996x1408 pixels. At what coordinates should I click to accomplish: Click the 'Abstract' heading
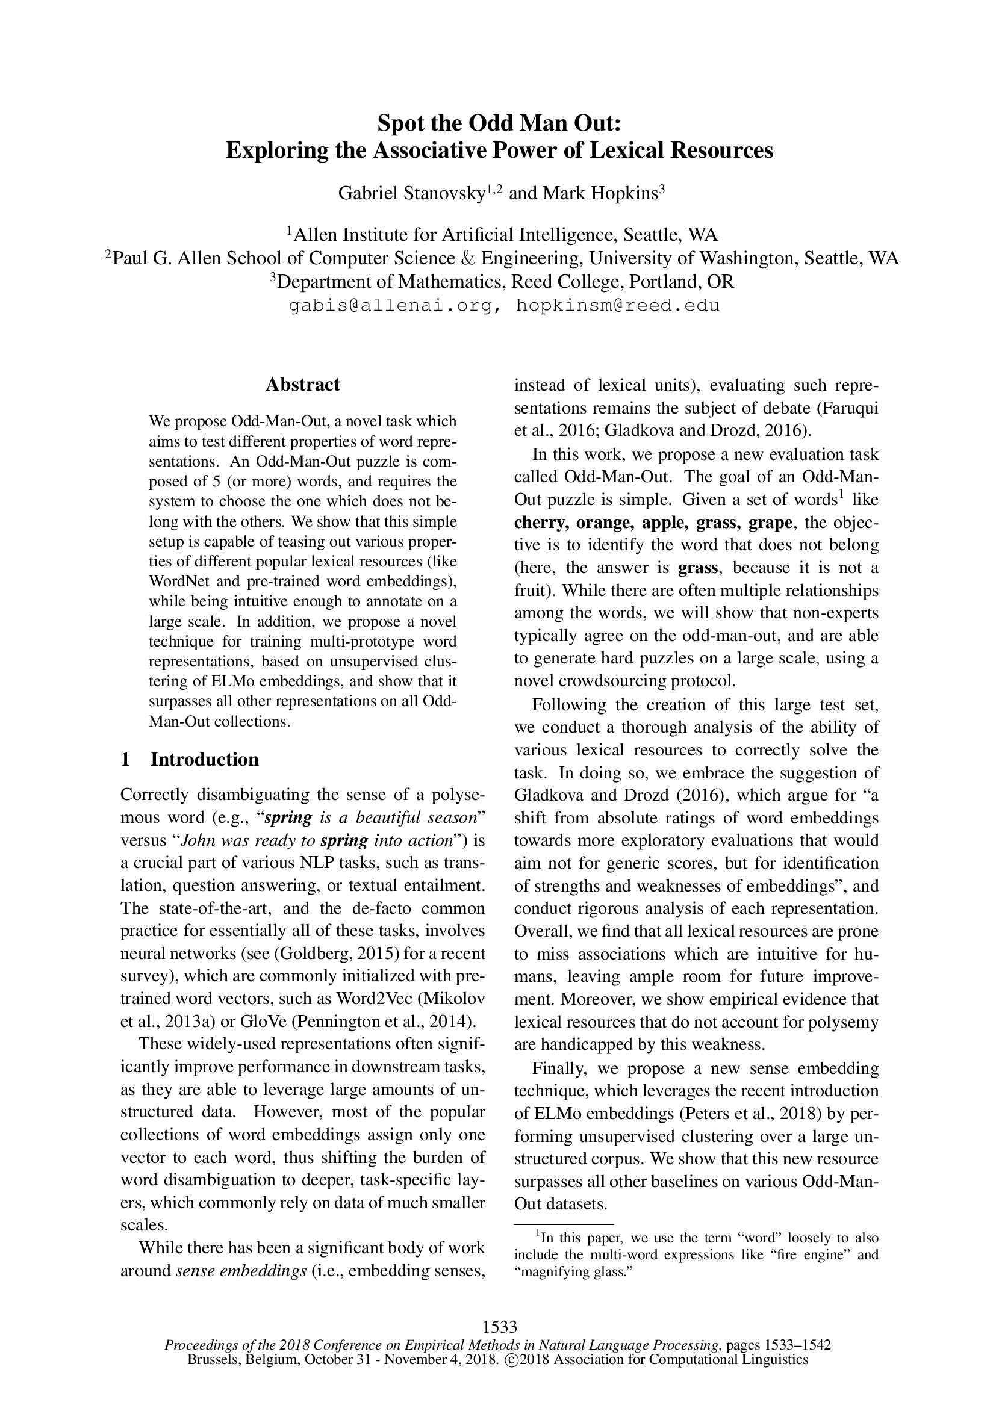(x=302, y=385)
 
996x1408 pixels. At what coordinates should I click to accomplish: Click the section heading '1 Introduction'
(x=190, y=759)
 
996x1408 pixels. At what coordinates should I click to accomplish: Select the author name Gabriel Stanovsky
(x=412, y=194)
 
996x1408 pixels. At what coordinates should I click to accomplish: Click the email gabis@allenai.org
(x=391, y=305)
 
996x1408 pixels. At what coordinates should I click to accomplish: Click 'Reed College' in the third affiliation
(x=566, y=282)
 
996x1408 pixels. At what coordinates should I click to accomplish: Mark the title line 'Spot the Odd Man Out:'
(x=499, y=123)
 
